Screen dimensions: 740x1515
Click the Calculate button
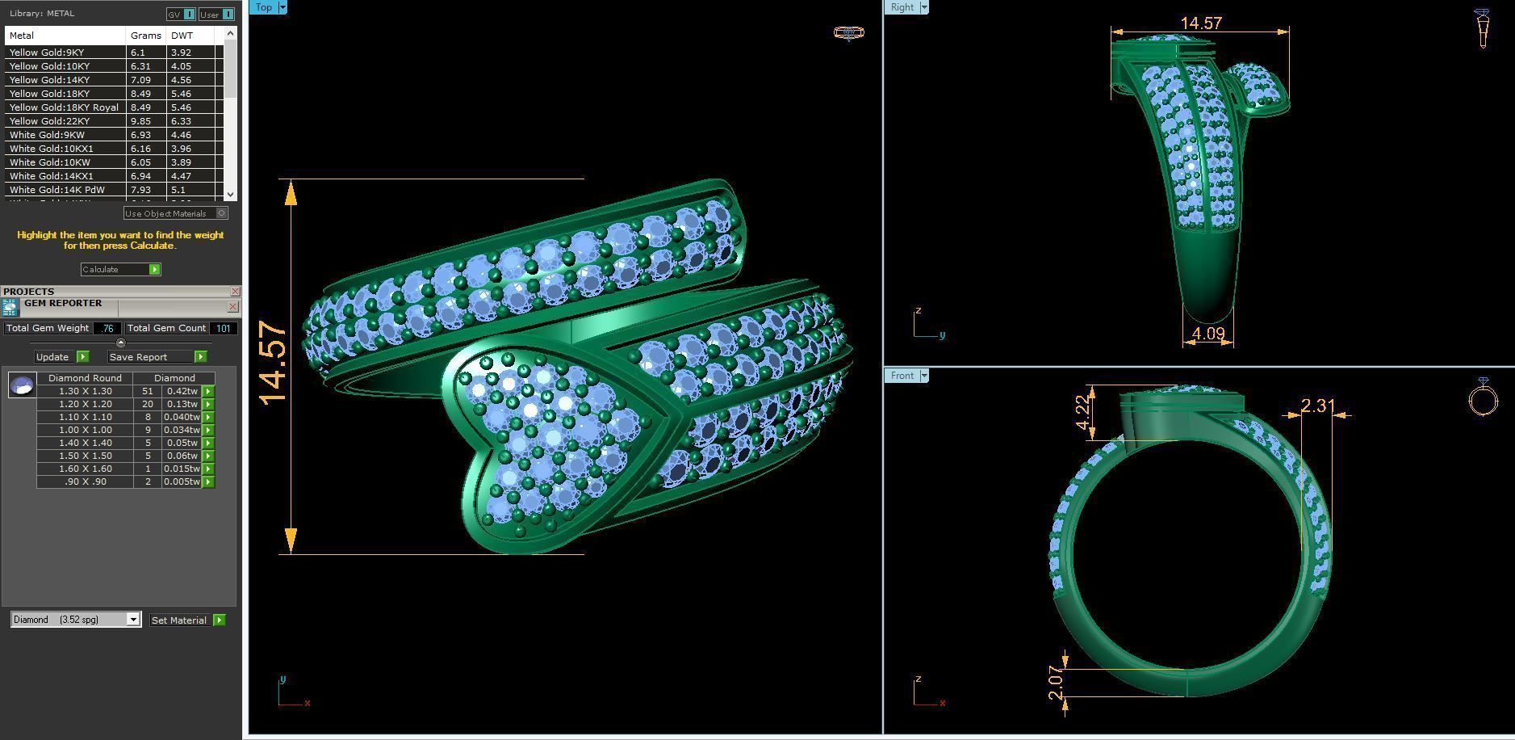click(120, 269)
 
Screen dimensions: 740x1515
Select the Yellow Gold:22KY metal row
click(65, 121)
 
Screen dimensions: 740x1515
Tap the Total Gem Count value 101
click(224, 328)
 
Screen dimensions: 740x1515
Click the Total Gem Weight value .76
click(107, 328)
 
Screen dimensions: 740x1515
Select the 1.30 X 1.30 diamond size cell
click(85, 391)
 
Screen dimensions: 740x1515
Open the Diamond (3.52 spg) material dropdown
click(133, 620)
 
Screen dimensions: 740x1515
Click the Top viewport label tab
click(263, 7)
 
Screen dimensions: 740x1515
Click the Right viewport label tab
click(902, 7)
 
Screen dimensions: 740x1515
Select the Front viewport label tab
click(902, 376)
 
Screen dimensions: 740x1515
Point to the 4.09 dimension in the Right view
click(1207, 333)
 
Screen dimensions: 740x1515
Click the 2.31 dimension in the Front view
click(1317, 406)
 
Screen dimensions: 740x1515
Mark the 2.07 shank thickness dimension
click(1056, 683)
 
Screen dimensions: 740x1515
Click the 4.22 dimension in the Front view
click(1083, 414)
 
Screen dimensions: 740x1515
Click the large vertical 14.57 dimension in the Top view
click(274, 363)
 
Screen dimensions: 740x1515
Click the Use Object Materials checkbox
click(221, 213)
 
